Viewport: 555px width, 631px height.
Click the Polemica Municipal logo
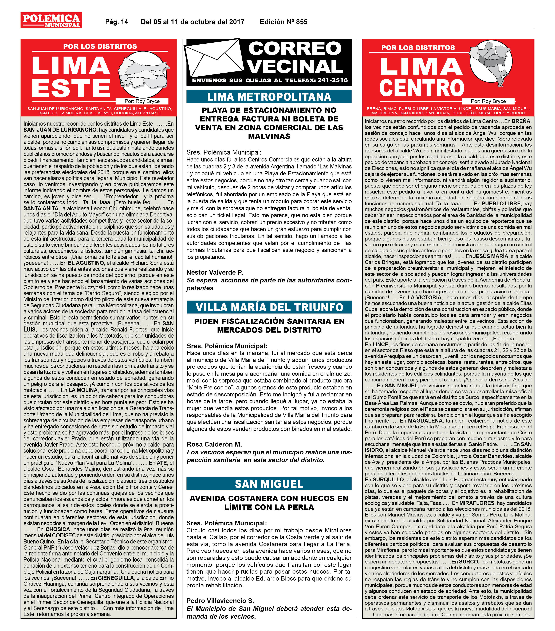click(x=51, y=20)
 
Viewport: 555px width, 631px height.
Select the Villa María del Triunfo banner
click(x=269, y=307)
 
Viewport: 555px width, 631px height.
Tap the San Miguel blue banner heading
click(x=269, y=484)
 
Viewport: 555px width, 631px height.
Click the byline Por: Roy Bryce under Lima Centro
click(x=488, y=101)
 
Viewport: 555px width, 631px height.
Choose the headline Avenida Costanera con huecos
click(x=269, y=503)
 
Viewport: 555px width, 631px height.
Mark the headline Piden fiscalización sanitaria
click(x=269, y=325)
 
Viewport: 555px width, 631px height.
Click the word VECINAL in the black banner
click(x=295, y=66)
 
